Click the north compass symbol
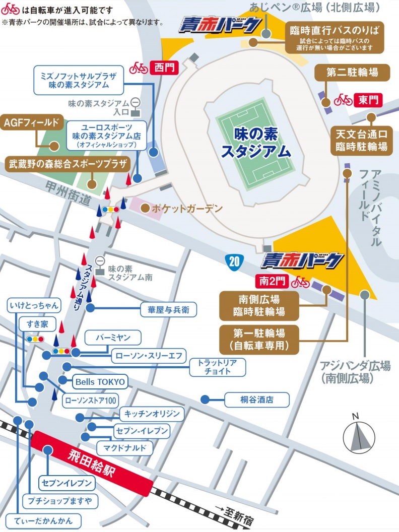coord(359,435)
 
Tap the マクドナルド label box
coord(124,447)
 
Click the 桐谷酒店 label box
coord(256,400)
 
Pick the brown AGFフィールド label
coord(31,122)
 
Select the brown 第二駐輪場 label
coord(352,72)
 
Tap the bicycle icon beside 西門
coord(139,68)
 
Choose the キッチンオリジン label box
coord(152,414)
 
